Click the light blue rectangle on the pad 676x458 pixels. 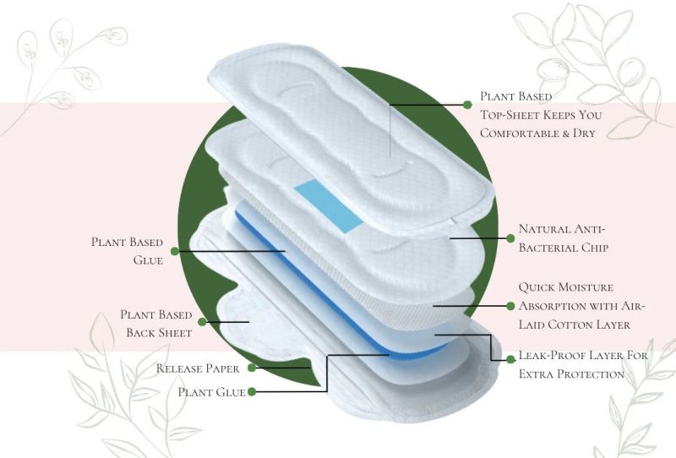(329, 206)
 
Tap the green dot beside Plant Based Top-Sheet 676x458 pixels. (467, 105)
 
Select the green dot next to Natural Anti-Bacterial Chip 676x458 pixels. (510, 238)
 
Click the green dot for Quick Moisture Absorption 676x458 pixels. (510, 306)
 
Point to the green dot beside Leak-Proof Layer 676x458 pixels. (510, 359)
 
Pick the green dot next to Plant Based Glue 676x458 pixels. (175, 251)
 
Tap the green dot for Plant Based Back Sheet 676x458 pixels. (202, 322)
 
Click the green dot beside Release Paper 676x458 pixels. (252, 368)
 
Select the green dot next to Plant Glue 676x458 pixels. (252, 391)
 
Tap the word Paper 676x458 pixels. (222, 369)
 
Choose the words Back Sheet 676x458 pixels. (159, 333)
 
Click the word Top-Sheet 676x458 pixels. (510, 115)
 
